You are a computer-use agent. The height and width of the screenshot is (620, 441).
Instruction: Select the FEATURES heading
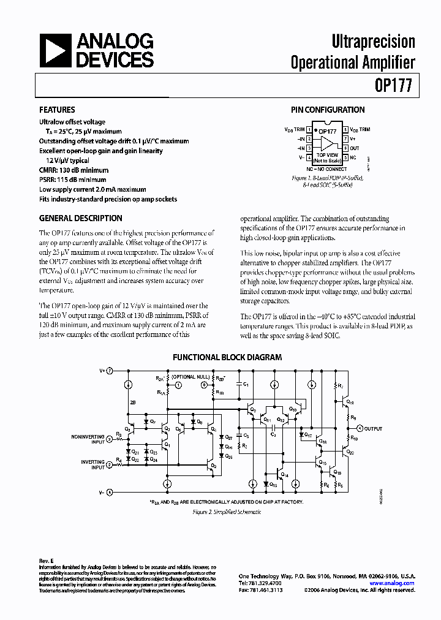click(57, 110)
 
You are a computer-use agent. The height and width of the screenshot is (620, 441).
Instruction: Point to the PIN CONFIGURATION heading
click(328, 110)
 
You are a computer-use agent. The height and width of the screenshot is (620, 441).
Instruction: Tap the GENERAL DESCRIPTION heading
click(81, 218)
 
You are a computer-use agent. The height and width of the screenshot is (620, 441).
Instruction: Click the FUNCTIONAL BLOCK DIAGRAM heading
click(227, 357)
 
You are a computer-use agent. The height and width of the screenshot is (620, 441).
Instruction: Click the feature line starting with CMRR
click(73, 170)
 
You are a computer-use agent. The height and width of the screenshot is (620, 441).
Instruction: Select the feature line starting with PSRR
click(73, 180)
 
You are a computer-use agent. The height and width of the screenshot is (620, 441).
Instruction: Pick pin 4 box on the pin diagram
click(310, 157)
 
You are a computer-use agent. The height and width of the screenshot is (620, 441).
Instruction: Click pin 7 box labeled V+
click(346, 139)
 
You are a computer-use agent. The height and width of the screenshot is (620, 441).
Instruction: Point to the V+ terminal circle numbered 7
click(110, 371)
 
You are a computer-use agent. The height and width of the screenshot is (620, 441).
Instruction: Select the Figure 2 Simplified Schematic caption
click(227, 512)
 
